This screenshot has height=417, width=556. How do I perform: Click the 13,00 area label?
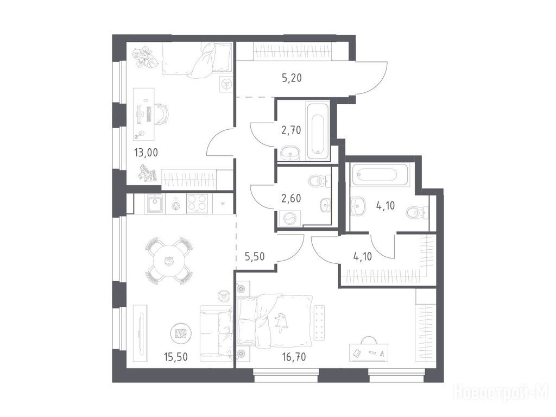point(146,153)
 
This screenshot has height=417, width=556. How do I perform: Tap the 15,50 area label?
point(175,356)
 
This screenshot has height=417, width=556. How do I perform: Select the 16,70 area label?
point(294,356)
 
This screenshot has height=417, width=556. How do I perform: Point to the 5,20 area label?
point(292,78)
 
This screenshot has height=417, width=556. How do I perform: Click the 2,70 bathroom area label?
point(291,130)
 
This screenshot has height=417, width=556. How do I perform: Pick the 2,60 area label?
point(291,199)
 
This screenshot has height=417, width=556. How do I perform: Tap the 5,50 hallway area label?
point(255,256)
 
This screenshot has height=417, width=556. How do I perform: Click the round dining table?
point(168,261)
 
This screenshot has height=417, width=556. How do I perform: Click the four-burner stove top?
point(197,203)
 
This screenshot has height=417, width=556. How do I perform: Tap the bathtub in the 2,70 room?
point(318,131)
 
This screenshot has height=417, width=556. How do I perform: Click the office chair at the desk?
point(162,114)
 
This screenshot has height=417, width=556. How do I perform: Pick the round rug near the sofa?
point(181,333)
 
